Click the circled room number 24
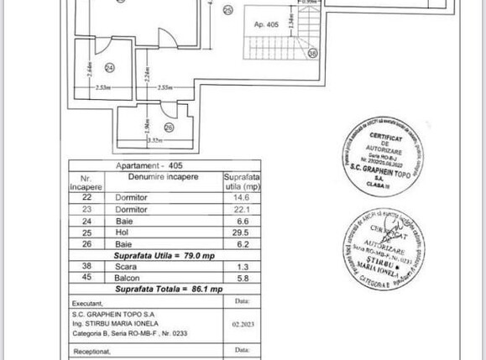click(x=109, y=68)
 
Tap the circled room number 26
click(x=168, y=128)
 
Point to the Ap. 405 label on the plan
click(x=266, y=24)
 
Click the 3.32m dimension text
click(x=154, y=141)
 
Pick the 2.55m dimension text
click(x=164, y=85)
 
